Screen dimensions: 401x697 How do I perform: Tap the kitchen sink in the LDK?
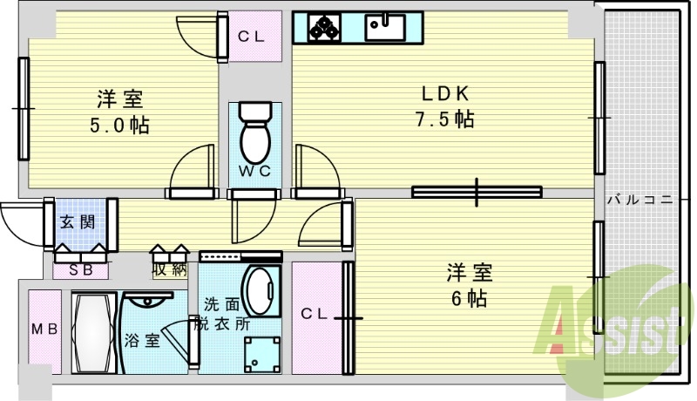[383, 28]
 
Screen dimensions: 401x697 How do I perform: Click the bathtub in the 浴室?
[93, 331]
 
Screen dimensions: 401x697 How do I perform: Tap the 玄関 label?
[77, 221]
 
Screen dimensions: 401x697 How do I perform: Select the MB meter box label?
[44, 330]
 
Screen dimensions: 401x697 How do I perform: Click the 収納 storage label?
[170, 269]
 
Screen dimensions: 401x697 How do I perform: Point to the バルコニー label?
[640, 200]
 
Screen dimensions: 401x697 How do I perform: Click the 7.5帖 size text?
[444, 119]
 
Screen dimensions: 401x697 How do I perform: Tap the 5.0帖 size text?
[120, 126]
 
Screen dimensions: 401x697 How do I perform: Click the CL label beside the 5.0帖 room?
[251, 37]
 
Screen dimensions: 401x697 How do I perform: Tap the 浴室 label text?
[142, 340]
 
